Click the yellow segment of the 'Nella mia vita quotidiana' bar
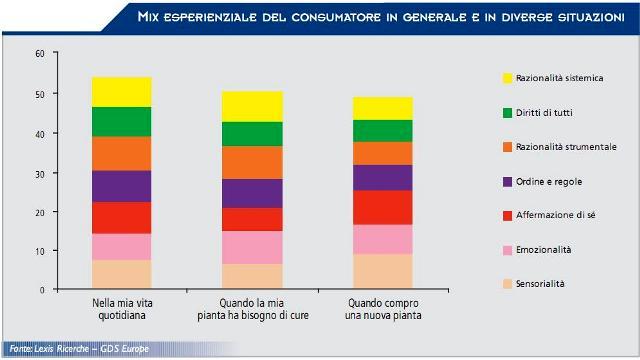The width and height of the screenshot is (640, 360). (x=122, y=92)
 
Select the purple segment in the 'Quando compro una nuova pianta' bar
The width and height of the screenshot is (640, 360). (x=383, y=178)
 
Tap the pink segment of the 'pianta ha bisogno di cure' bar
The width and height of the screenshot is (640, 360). (x=252, y=248)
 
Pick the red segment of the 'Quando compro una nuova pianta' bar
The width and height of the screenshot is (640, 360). (x=383, y=208)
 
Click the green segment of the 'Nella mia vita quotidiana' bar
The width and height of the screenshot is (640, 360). (x=122, y=122)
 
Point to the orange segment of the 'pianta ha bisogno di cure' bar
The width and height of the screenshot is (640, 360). (x=252, y=162)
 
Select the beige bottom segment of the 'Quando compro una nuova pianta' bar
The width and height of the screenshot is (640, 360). (x=383, y=271)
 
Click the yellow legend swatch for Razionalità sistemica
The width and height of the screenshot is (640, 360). (x=507, y=78)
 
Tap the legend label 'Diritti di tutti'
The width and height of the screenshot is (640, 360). (x=544, y=113)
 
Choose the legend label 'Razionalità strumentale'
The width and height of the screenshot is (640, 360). (x=566, y=147)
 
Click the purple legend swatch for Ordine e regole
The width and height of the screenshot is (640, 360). (x=507, y=182)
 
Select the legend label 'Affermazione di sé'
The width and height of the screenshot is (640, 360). (x=556, y=215)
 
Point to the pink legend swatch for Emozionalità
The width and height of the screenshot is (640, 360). (x=507, y=250)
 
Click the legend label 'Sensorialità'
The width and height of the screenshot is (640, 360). (x=540, y=284)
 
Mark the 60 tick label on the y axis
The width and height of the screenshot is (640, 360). (x=40, y=53)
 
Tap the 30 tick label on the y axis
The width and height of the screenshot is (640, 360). (x=40, y=173)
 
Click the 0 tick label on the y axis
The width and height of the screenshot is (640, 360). (x=42, y=290)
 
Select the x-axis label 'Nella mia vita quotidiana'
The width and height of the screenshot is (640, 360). (x=122, y=309)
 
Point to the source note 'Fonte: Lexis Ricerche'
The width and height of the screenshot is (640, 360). (x=49, y=349)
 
